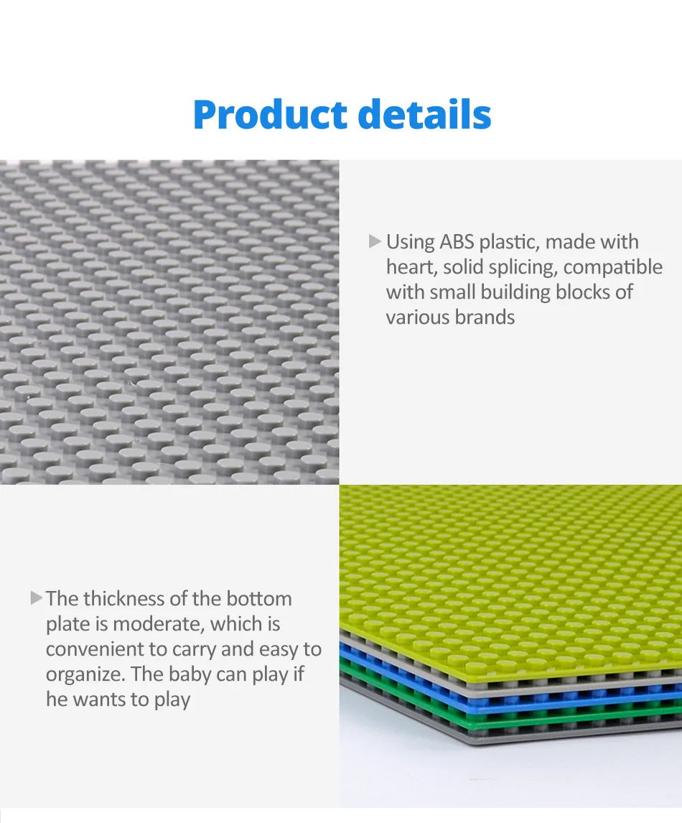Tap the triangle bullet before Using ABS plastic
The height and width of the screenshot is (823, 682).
pyautogui.click(x=375, y=241)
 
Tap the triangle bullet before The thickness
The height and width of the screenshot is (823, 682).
pyautogui.click(x=36, y=598)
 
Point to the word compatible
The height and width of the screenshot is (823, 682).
pyautogui.click(x=613, y=268)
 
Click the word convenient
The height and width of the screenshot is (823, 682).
pyautogui.click(x=96, y=649)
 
